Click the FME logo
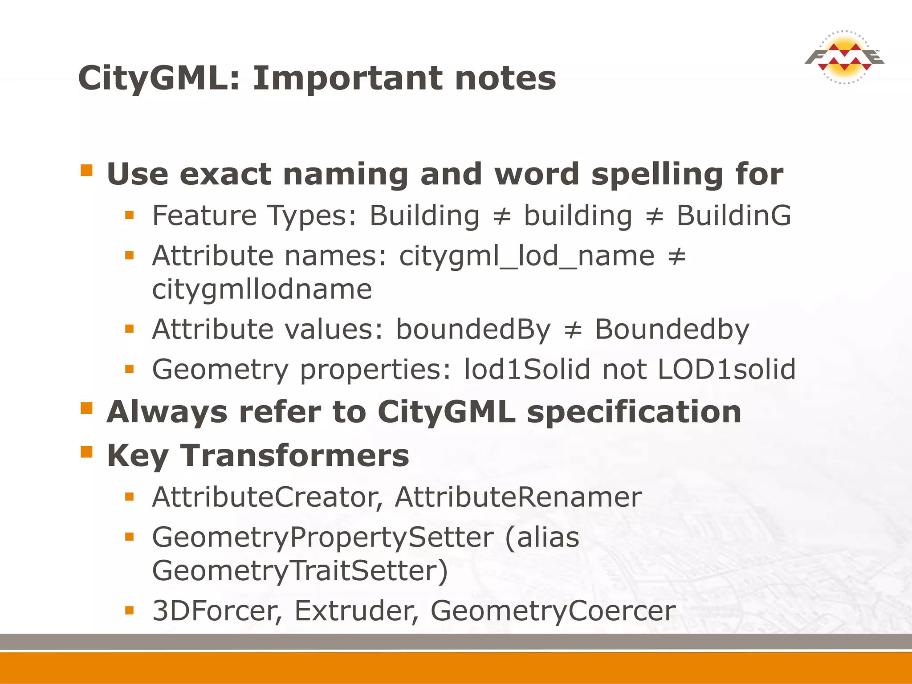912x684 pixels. (844, 57)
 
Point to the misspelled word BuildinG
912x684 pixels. (734, 216)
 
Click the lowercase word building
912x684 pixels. (578, 216)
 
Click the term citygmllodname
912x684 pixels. (262, 289)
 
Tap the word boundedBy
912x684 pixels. (473, 330)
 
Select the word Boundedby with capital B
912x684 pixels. (672, 330)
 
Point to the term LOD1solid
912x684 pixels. (726, 370)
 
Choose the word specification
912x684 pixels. (634, 412)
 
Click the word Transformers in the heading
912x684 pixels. (294, 456)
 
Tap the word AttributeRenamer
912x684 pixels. (518, 497)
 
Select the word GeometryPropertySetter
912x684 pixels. (323, 538)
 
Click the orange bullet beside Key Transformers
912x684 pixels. (86, 452)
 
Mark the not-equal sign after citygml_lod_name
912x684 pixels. (677, 256)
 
